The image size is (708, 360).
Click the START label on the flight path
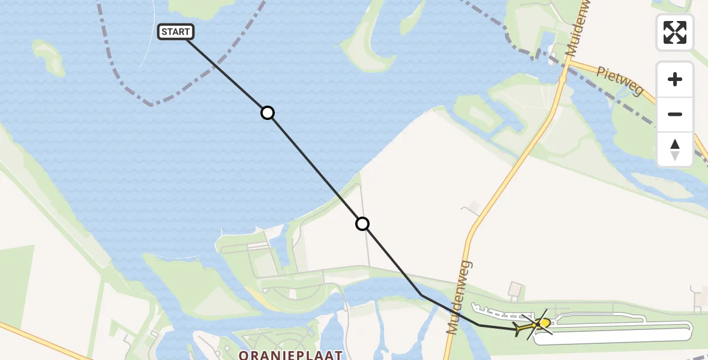[x=175, y=32]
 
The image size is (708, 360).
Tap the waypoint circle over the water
[x=268, y=113]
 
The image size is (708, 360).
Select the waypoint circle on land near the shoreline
[x=362, y=224]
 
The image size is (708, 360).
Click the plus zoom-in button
[x=675, y=80]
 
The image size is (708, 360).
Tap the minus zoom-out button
[x=675, y=115]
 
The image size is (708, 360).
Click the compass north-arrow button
[x=675, y=149]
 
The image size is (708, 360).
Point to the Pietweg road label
[x=619, y=81]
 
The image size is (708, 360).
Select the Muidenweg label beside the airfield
[x=458, y=297]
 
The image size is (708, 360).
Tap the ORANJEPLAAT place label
[x=290, y=355]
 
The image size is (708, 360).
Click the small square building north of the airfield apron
[x=514, y=290]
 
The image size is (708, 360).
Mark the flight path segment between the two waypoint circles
[x=315, y=169]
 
